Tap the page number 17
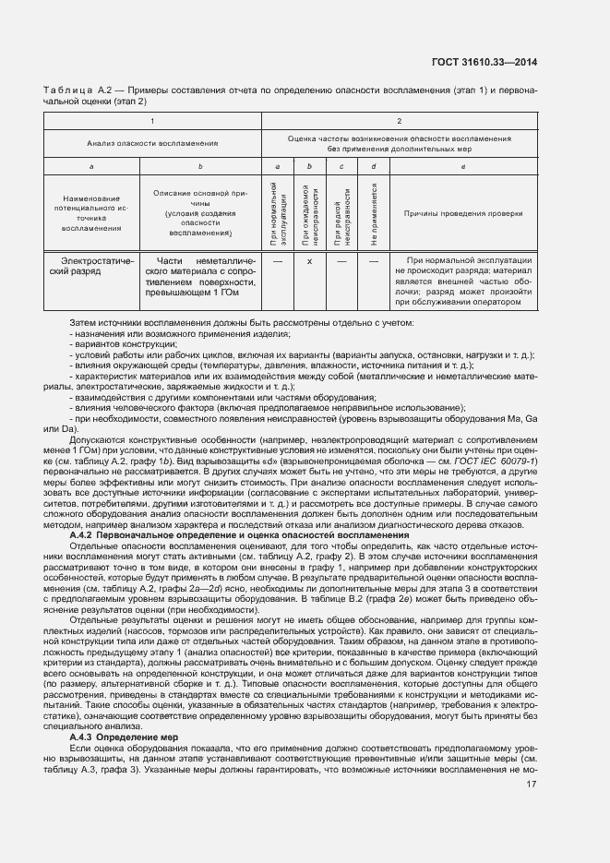[531, 784]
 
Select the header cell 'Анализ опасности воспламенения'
[152, 143]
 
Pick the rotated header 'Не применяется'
[373, 213]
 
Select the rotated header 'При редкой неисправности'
[341, 213]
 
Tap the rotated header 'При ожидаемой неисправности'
[310, 213]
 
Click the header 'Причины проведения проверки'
[462, 213]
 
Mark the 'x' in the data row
[310, 261]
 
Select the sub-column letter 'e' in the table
[462, 166]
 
